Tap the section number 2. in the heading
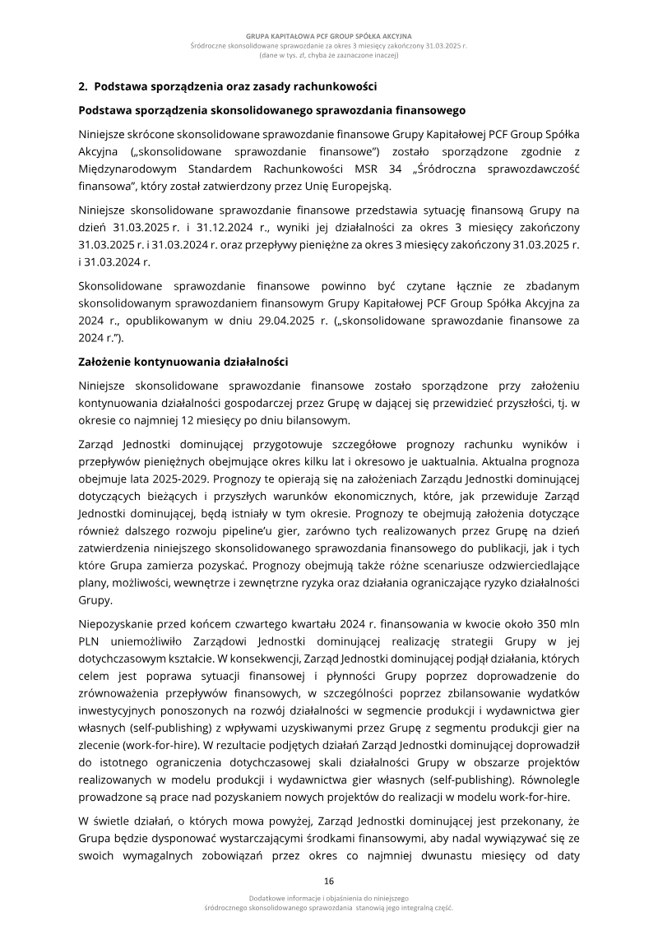coord(83,86)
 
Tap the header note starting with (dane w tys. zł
coord(329,57)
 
